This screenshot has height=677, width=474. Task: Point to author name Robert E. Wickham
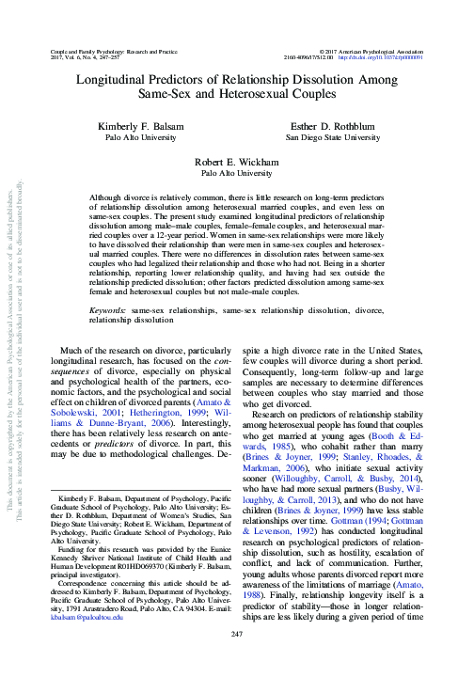(236, 163)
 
